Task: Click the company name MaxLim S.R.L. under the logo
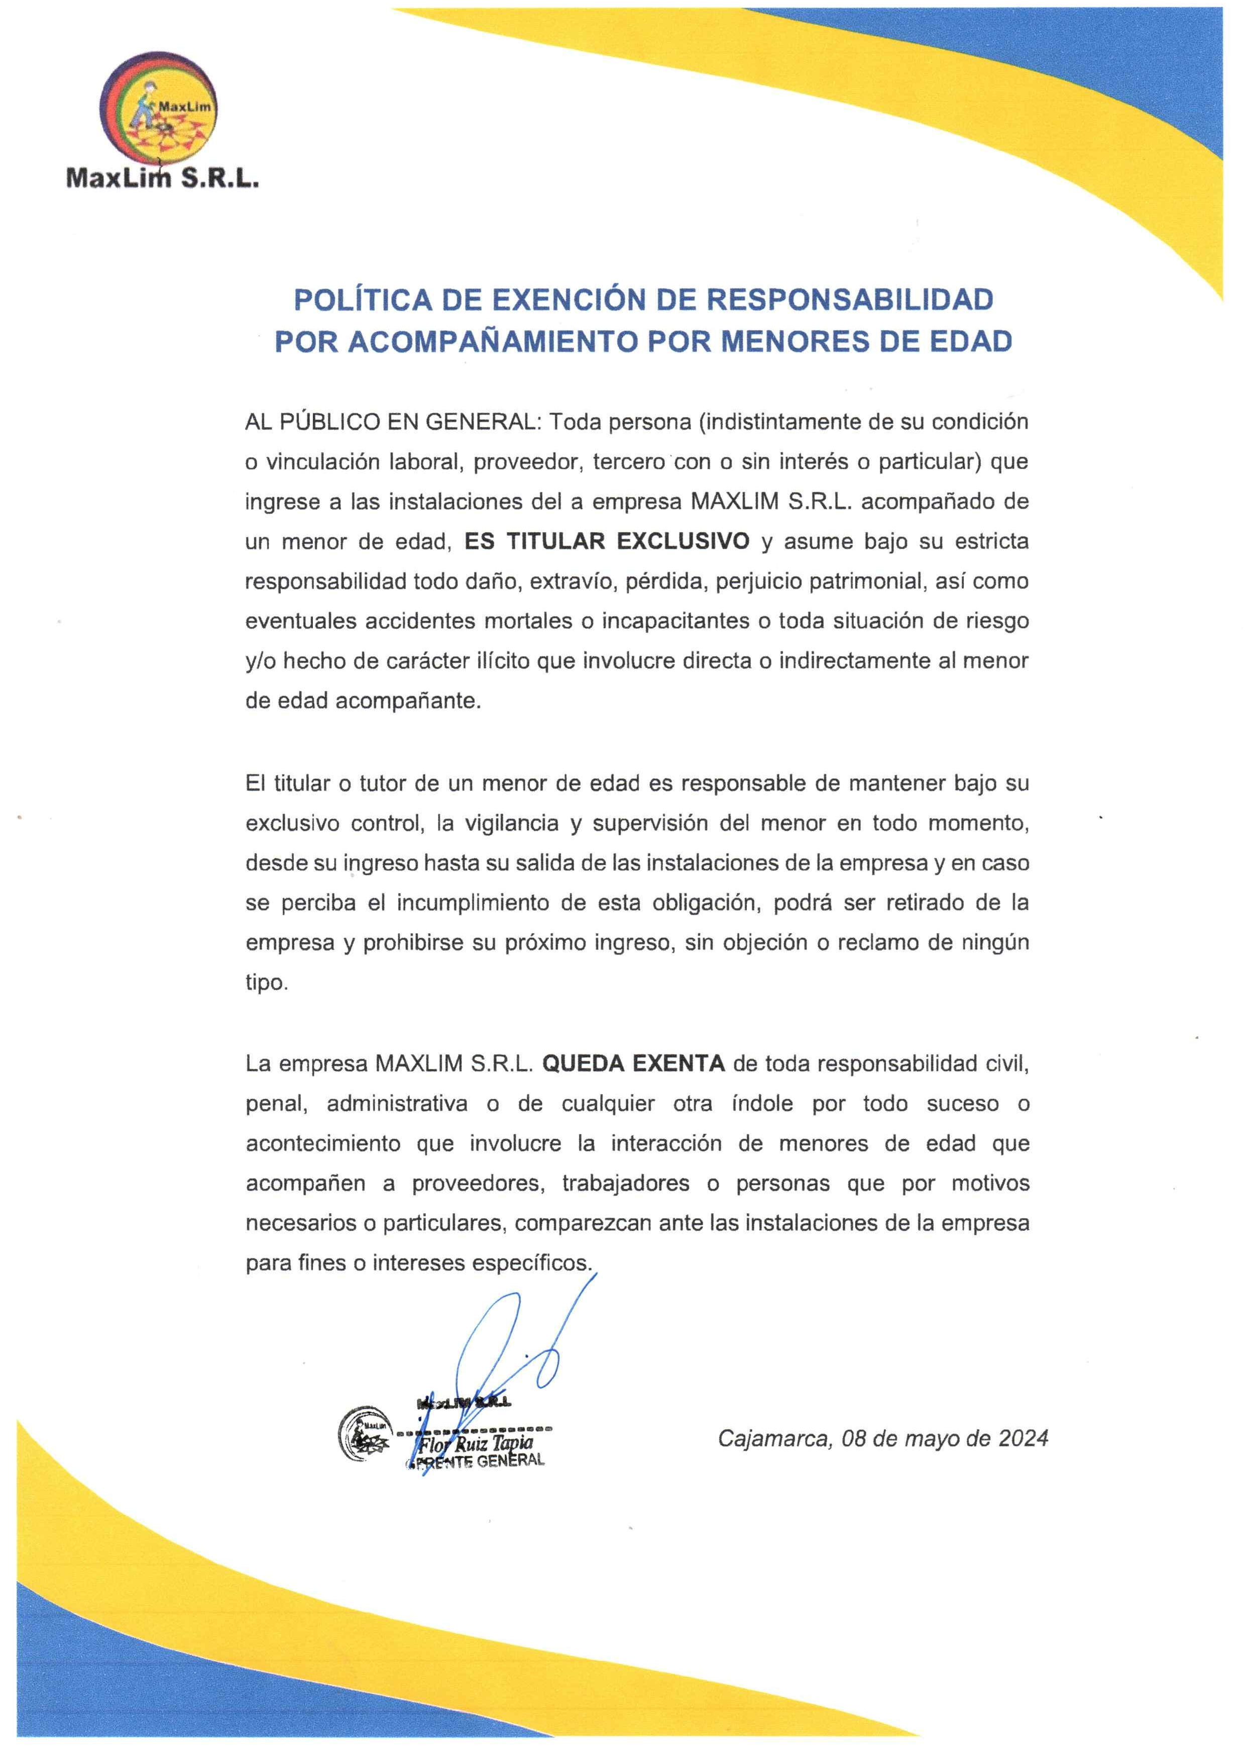tap(163, 179)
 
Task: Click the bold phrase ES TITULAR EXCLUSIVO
tap(607, 541)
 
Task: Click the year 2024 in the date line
tap(1023, 1438)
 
